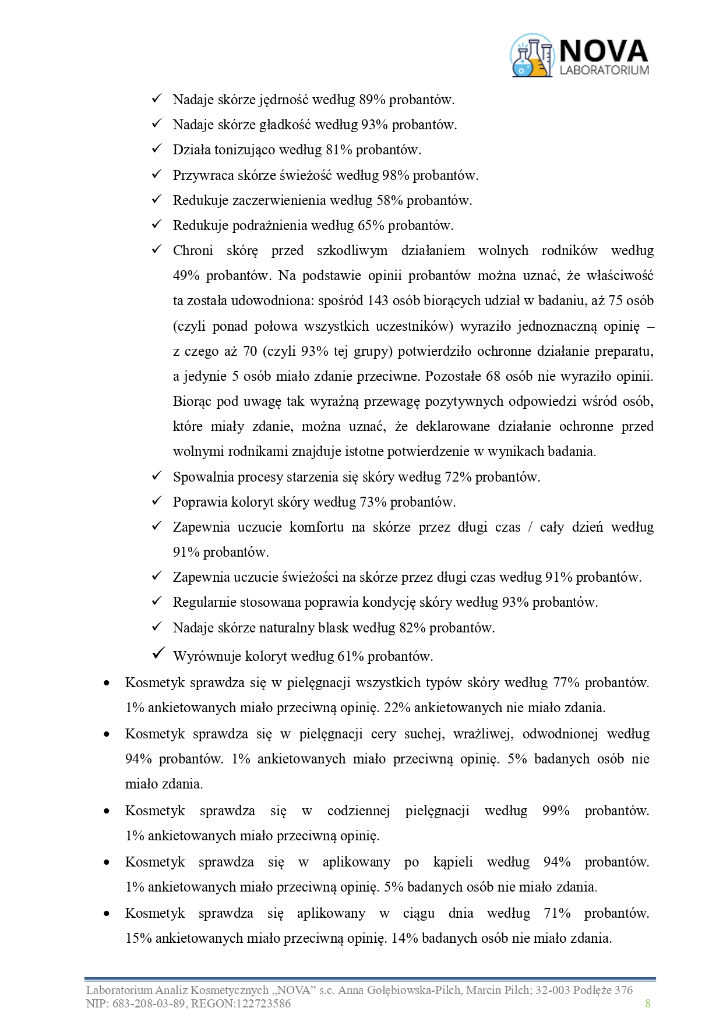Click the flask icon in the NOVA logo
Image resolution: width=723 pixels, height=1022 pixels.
coord(531,56)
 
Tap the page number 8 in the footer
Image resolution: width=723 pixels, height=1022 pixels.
coord(648,1003)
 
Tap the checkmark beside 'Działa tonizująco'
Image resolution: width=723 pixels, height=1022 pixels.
coord(157,149)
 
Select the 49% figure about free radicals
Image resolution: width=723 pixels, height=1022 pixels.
coord(186,275)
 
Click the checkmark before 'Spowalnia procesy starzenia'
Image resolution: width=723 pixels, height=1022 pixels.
coord(157,476)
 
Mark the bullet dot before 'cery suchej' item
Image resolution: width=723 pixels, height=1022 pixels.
coord(107,734)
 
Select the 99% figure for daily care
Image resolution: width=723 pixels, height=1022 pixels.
coord(555,811)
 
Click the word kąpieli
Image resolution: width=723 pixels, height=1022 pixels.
coord(453,862)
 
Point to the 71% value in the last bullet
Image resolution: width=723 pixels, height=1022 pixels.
coord(557,913)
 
